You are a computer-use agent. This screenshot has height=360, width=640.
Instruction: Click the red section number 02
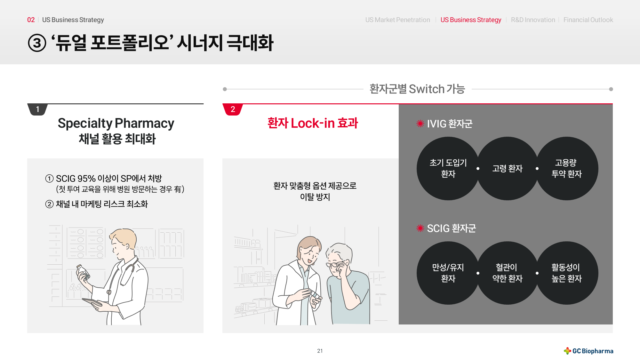(x=31, y=20)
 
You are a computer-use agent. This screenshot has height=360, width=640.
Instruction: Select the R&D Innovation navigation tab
(x=533, y=20)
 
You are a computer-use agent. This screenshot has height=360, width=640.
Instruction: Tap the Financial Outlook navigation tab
(x=588, y=20)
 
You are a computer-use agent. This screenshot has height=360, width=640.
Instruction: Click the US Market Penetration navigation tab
(x=398, y=20)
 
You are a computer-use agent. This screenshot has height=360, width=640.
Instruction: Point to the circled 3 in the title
(x=37, y=43)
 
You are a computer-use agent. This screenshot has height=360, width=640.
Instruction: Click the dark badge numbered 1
(x=38, y=109)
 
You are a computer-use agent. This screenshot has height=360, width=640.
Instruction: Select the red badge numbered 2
(x=233, y=109)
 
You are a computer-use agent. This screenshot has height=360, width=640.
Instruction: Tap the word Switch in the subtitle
(x=427, y=89)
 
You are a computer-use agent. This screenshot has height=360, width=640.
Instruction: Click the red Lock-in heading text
(x=313, y=123)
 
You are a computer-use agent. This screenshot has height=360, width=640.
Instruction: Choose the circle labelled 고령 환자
(x=508, y=168)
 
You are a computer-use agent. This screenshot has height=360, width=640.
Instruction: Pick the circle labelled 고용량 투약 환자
(x=567, y=168)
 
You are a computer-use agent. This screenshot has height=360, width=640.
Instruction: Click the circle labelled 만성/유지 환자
(x=448, y=273)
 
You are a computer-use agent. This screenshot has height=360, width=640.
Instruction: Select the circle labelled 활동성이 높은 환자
(x=567, y=273)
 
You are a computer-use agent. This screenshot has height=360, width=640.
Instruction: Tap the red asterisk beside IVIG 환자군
(x=420, y=124)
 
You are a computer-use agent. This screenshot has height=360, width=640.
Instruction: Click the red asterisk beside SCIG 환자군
(x=420, y=228)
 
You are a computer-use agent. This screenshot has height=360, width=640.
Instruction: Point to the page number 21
(x=320, y=351)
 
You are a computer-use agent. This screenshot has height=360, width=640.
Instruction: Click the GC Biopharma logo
(x=588, y=351)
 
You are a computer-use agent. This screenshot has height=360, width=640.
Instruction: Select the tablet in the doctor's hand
(x=92, y=302)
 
